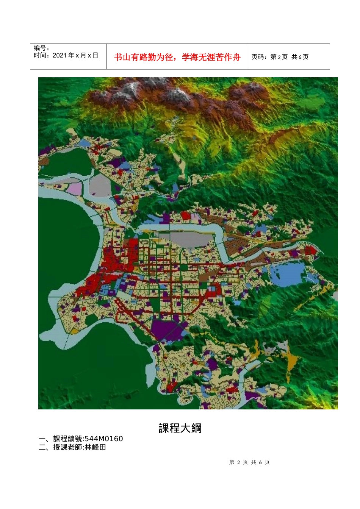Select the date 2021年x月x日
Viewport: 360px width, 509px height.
click(75, 55)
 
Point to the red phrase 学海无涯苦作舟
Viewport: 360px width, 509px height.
click(211, 57)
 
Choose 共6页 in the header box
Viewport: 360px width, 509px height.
click(300, 57)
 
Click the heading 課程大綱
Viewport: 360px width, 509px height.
click(180, 428)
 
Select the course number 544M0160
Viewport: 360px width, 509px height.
click(104, 439)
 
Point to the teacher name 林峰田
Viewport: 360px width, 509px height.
click(95, 447)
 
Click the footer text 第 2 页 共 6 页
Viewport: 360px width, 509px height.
click(249, 462)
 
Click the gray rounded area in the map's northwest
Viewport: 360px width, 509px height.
click(100, 186)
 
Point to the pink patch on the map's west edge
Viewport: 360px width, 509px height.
click(75, 188)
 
